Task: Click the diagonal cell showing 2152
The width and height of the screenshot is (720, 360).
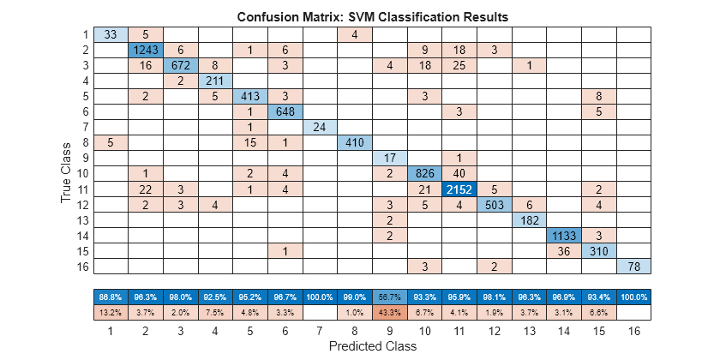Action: pos(459,189)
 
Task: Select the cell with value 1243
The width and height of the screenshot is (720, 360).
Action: pos(145,50)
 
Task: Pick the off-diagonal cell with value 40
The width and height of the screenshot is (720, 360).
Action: pos(459,173)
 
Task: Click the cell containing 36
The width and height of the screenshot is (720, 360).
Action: pos(563,250)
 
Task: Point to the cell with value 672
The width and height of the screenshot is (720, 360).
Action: pos(180,65)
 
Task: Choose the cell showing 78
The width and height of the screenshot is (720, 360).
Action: pos(633,266)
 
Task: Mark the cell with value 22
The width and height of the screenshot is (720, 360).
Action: pos(145,189)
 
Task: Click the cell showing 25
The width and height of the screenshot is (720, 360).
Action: pos(459,65)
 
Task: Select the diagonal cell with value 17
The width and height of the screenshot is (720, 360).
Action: pos(389,158)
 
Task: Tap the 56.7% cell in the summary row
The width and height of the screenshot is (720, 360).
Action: pos(389,296)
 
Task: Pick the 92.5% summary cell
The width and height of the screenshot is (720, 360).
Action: pos(215,296)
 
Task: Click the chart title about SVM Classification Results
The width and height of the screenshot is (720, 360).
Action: pos(371,16)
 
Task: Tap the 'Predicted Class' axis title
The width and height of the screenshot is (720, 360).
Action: pos(371,346)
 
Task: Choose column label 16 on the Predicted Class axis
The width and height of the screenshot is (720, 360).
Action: pos(633,329)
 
